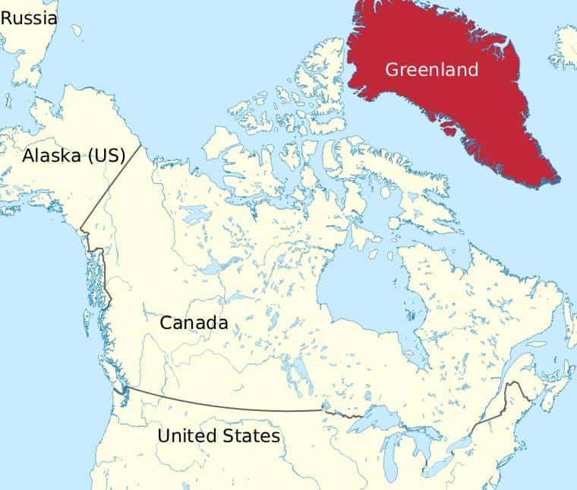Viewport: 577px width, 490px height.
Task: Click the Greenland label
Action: point(432,70)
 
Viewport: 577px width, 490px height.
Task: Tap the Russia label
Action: point(29,17)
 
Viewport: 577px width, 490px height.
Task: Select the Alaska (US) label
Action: point(73,156)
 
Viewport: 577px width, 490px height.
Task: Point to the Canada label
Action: point(194,322)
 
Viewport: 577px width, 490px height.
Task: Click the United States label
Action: point(219,436)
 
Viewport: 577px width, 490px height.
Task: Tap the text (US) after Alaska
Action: point(106,156)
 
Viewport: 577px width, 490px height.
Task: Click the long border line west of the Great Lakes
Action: point(228,405)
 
